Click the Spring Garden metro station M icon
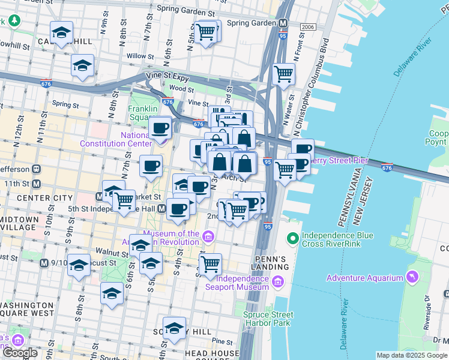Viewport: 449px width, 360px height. click(283, 23)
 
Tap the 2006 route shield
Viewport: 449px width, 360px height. click(308, 27)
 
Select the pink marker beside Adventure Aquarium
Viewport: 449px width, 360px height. click(412, 278)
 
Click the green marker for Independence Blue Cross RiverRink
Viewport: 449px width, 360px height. click(293, 238)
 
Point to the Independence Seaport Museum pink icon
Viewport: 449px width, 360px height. click(277, 282)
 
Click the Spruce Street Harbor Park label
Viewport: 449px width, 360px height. click(267, 318)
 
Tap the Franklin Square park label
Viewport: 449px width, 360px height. click(143, 113)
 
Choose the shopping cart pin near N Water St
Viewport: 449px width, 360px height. click(283, 74)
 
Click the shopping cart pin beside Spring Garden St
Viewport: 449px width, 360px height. click(206, 31)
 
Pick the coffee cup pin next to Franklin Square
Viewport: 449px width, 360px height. click(160, 127)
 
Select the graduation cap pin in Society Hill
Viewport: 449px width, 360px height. click(174, 328)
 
